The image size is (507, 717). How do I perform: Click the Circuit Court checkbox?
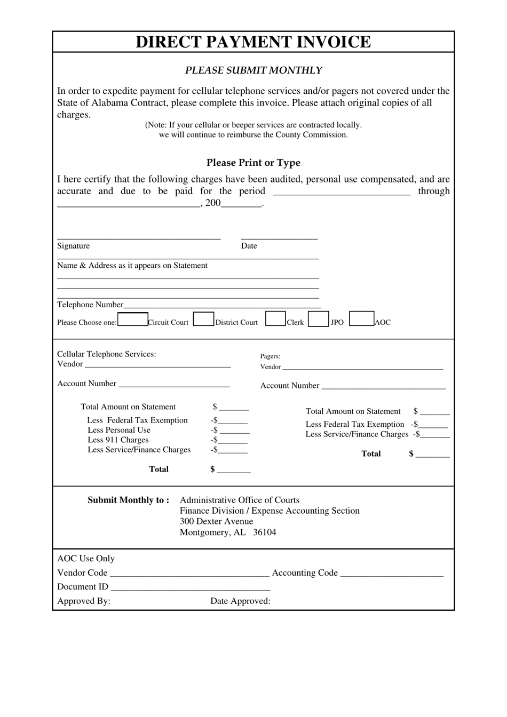pos(132,319)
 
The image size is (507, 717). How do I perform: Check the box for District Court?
pos(203,319)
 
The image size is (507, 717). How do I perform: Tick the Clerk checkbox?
pos(275,318)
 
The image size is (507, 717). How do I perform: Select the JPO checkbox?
pos(318,319)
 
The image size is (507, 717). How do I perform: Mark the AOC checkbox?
pos(361,318)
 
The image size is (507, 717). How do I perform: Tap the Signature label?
pos(74,246)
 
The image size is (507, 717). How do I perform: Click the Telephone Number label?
pos(90,305)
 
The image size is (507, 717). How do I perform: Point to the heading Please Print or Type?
pos(253,163)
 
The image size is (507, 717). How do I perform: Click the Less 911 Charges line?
pos(118,440)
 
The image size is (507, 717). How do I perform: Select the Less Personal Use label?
pos(119,430)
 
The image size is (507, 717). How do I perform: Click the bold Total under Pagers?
pos(371,454)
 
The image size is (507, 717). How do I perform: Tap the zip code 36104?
pos(265,532)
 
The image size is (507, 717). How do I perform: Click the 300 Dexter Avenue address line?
pos(216,522)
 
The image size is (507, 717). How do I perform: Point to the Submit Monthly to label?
pos(128,500)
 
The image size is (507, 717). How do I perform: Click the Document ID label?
pos(83,587)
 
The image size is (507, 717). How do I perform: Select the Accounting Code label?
pos(305,573)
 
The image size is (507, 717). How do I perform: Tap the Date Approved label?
pos(240,601)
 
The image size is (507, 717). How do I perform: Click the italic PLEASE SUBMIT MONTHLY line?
pos(253,70)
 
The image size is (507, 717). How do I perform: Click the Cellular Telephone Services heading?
pos(107,354)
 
